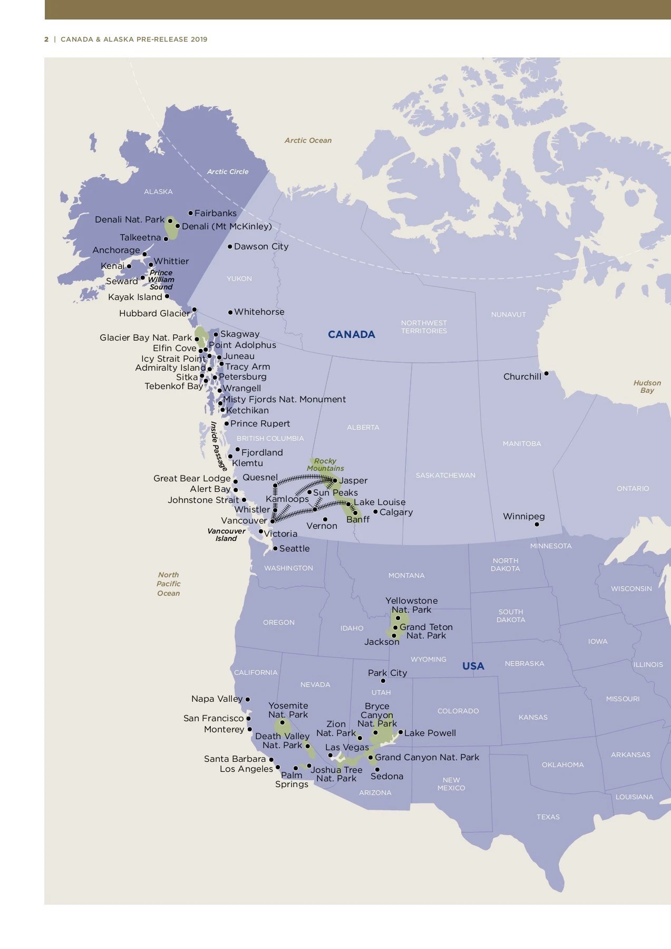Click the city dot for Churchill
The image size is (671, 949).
coord(546,373)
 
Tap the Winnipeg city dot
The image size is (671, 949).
coord(537,524)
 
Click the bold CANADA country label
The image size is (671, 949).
coord(351,334)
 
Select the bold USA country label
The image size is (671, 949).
coord(473,666)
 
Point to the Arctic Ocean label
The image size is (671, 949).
coord(308,140)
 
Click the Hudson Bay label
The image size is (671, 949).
coord(647,386)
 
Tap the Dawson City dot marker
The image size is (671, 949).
coord(230,246)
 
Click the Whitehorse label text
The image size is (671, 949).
coord(259,312)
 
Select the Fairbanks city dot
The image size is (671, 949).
coord(190,213)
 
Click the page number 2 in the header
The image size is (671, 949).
coord(46,39)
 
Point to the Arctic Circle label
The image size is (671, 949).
coord(227,171)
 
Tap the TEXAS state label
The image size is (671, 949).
coord(548,817)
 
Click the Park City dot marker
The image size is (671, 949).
coord(383,681)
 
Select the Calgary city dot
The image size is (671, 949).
coord(375,511)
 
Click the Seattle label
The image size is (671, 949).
coord(294,548)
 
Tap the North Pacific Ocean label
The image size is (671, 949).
coord(168,584)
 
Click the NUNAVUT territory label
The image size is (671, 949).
coord(508,314)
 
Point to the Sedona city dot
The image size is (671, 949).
coord(377,769)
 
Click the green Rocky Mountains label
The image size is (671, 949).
coord(325,464)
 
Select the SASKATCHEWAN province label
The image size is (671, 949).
coord(445,475)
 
